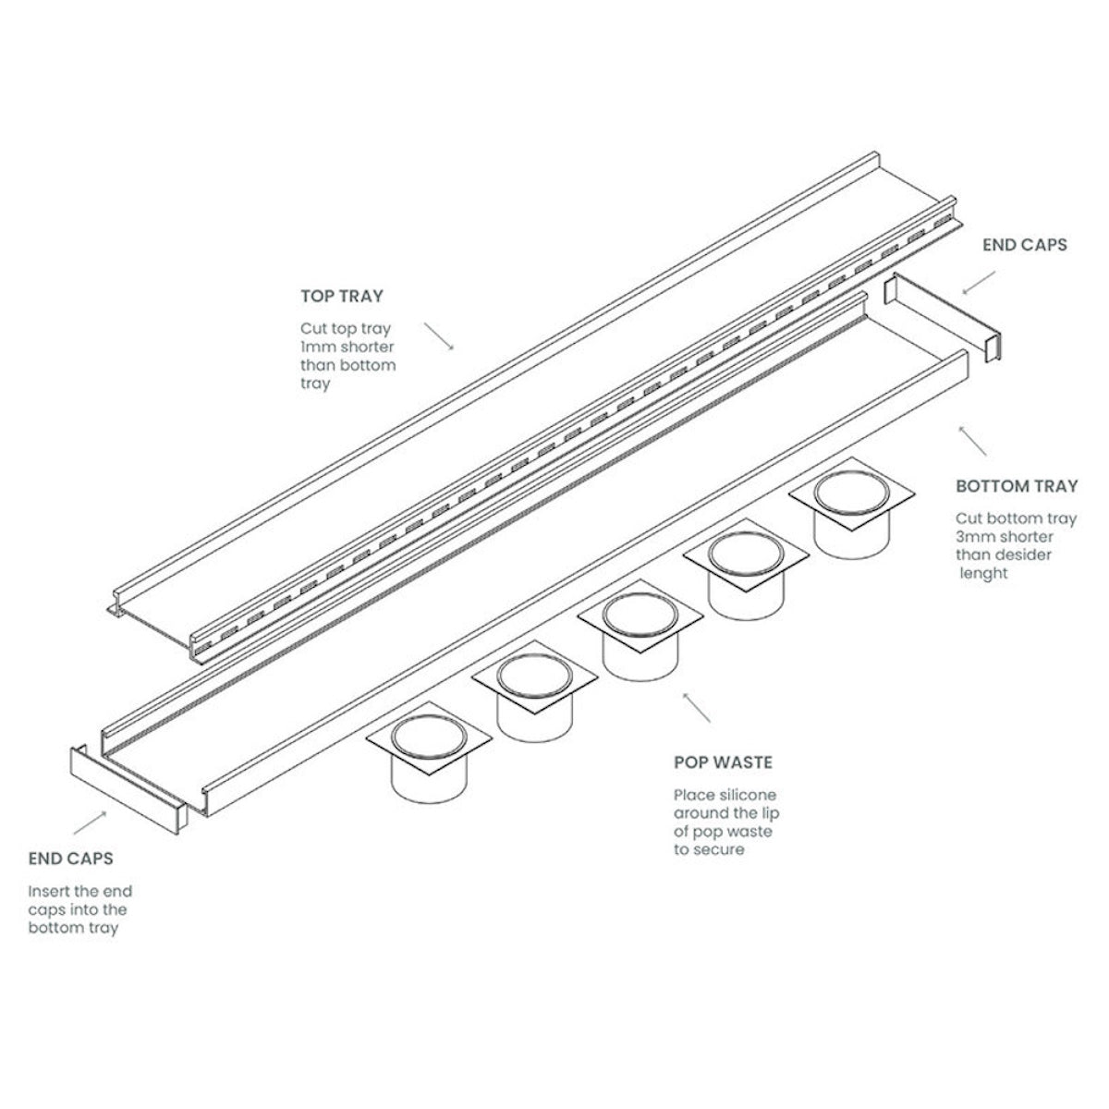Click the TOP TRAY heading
341,298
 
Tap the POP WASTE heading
723,762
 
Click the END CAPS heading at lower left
70,859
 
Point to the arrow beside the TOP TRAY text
439,335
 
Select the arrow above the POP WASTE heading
696,706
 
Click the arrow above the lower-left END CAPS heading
91,822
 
